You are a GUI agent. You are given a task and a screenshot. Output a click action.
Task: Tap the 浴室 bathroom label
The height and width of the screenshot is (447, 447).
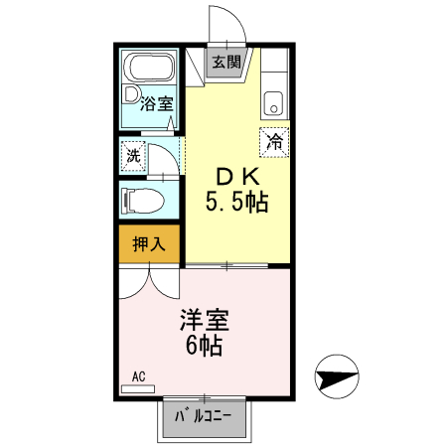coord(156,101)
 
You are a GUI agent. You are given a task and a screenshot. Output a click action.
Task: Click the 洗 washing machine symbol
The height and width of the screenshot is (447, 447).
coord(133,155)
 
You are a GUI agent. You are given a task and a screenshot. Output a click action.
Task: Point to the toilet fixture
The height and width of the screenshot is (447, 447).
coord(142,201)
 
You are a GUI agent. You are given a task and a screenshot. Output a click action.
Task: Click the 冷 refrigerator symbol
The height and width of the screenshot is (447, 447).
coord(274,141)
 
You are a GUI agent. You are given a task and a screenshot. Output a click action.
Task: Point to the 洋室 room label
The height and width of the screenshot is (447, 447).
coord(204,321)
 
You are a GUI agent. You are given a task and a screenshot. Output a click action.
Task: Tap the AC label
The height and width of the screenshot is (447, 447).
coord(139,377)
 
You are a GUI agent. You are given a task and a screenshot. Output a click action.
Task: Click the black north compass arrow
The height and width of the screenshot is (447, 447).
coord(337,378)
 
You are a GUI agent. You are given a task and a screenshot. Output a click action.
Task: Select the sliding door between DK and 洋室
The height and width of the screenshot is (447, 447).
coord(230,265)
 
